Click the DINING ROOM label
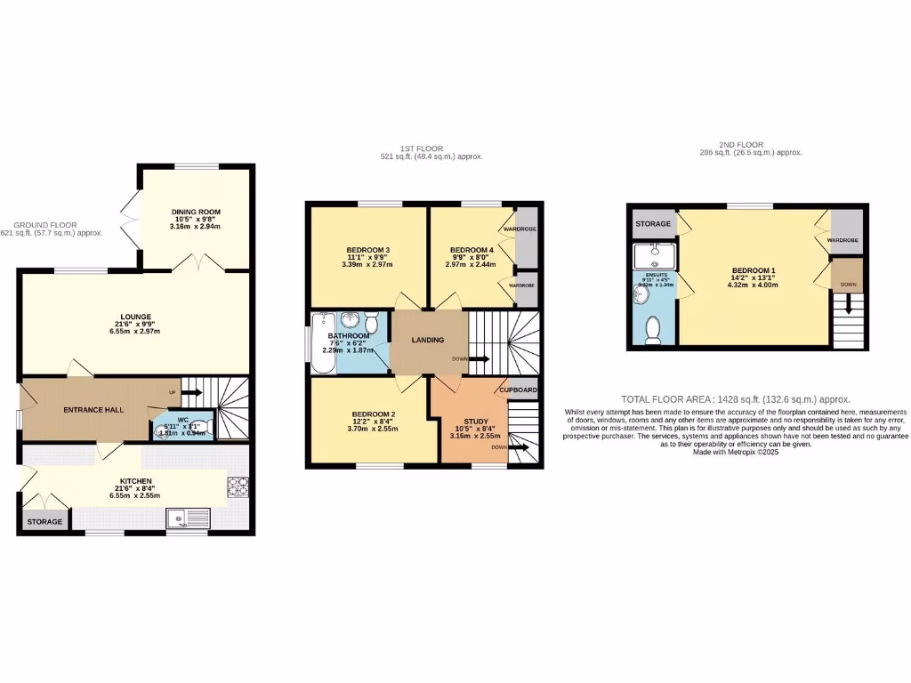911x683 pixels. click(x=196, y=212)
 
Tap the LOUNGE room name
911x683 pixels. click(x=136, y=317)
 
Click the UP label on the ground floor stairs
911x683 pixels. click(x=173, y=391)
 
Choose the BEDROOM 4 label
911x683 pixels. click(x=472, y=250)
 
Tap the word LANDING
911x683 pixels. click(x=427, y=340)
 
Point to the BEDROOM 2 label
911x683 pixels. click(x=374, y=414)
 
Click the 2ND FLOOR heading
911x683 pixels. click(x=750, y=144)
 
